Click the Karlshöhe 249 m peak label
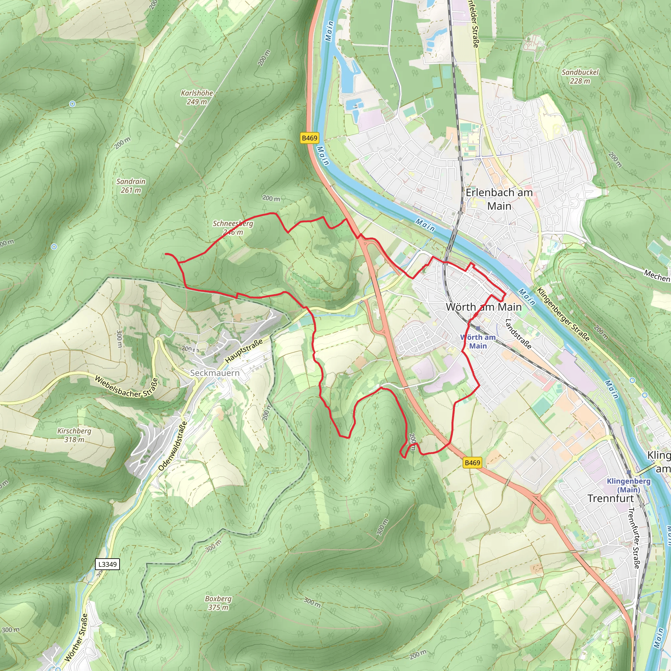tap(197, 97)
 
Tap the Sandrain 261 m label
tap(131, 186)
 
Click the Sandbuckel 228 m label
tap(580, 76)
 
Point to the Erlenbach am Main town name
tap(499, 199)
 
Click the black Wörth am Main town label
tap(484, 307)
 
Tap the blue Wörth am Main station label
tap(478, 341)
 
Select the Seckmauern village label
tap(215, 373)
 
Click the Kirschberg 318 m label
tap(74, 435)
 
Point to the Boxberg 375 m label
tap(218, 603)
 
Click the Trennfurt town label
tap(611, 498)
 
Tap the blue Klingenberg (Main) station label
tap(629, 486)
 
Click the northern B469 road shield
tap(309, 138)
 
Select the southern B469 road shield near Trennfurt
tap(472, 463)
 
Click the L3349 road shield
tap(107, 564)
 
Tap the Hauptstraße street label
tap(244, 352)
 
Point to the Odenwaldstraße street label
tap(173, 446)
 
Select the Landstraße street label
tap(518, 334)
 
